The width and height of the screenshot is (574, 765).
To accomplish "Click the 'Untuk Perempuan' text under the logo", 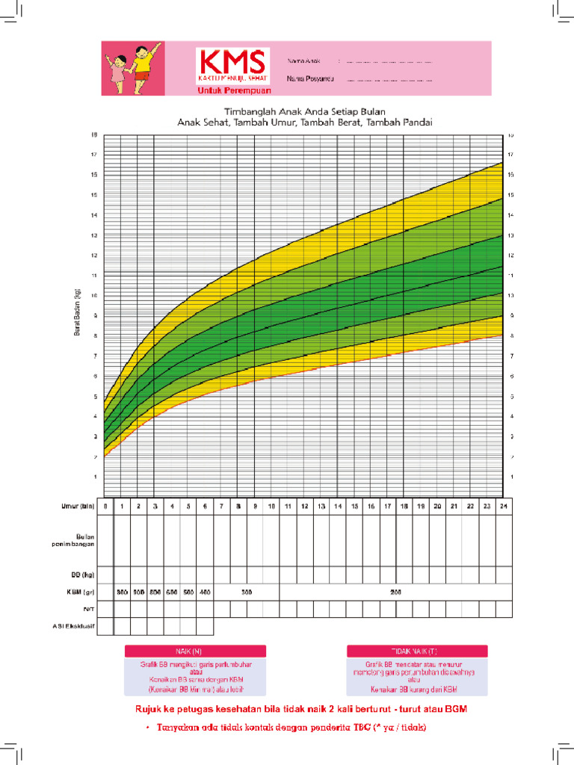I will click(231, 91).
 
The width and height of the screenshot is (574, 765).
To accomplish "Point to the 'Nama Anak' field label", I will click(303, 60).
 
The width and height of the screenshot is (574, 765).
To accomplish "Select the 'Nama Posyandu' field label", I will click(309, 78).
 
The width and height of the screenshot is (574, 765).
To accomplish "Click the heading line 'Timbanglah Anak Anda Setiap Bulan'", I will click(304, 110).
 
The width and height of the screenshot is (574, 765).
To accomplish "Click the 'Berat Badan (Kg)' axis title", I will click(77, 313).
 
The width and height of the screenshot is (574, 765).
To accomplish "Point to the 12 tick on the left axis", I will click(94, 255).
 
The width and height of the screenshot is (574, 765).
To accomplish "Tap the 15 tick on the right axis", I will click(510, 195).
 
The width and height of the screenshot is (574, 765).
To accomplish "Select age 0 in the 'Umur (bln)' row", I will click(105, 507).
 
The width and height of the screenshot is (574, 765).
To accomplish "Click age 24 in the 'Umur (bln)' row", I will click(504, 507).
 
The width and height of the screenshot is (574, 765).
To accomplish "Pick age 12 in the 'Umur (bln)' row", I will click(305, 507).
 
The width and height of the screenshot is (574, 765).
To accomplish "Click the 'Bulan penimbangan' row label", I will click(77, 539).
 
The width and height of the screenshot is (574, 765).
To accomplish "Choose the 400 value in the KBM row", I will click(206, 592).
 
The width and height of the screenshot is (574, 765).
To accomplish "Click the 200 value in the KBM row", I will click(395, 592).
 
